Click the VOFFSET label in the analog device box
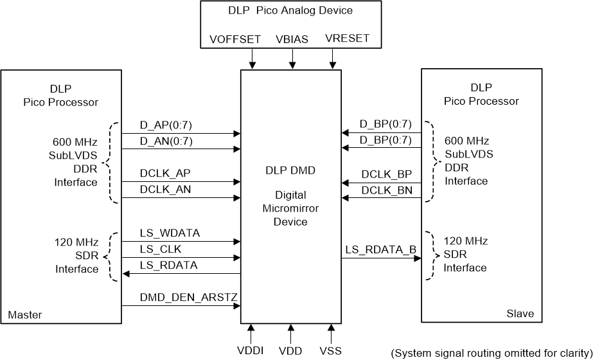pos(235,39)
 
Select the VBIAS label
pos(292,39)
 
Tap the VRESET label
pos(348,39)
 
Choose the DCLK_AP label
pos(165,174)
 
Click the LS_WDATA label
pos(170,233)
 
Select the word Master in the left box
pos(24,315)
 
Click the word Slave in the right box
pos(519,314)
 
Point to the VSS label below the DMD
pos(331,351)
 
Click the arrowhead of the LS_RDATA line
pos(126,274)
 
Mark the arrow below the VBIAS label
pos(292,60)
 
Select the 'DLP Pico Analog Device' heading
pos(290,11)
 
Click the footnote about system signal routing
pos(491,352)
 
